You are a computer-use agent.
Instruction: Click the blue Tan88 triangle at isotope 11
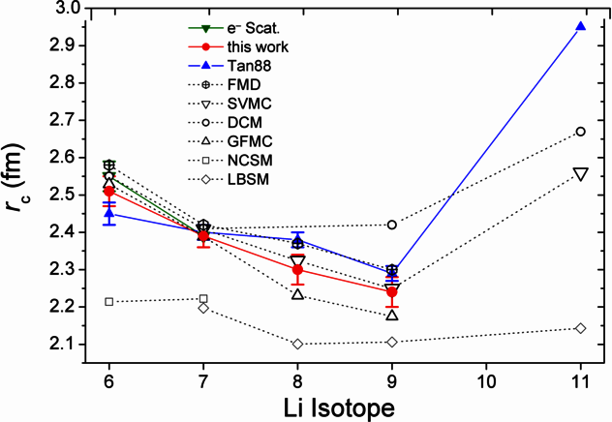coord(580,26)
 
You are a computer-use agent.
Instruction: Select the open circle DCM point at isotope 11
coord(580,131)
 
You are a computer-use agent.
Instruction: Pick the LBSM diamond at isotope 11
coord(580,328)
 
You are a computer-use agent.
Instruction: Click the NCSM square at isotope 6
coord(109,302)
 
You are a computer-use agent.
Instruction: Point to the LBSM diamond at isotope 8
coord(297,344)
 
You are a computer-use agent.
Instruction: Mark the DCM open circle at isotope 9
coord(391,225)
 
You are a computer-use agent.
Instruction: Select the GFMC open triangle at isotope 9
coord(391,315)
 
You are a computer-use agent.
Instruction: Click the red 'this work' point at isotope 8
coord(297,269)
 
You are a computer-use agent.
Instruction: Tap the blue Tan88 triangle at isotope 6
coord(109,213)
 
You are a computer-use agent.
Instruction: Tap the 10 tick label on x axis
coord(485,378)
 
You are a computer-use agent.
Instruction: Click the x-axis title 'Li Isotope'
coord(346,407)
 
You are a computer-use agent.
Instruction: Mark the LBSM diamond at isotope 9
coord(391,342)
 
